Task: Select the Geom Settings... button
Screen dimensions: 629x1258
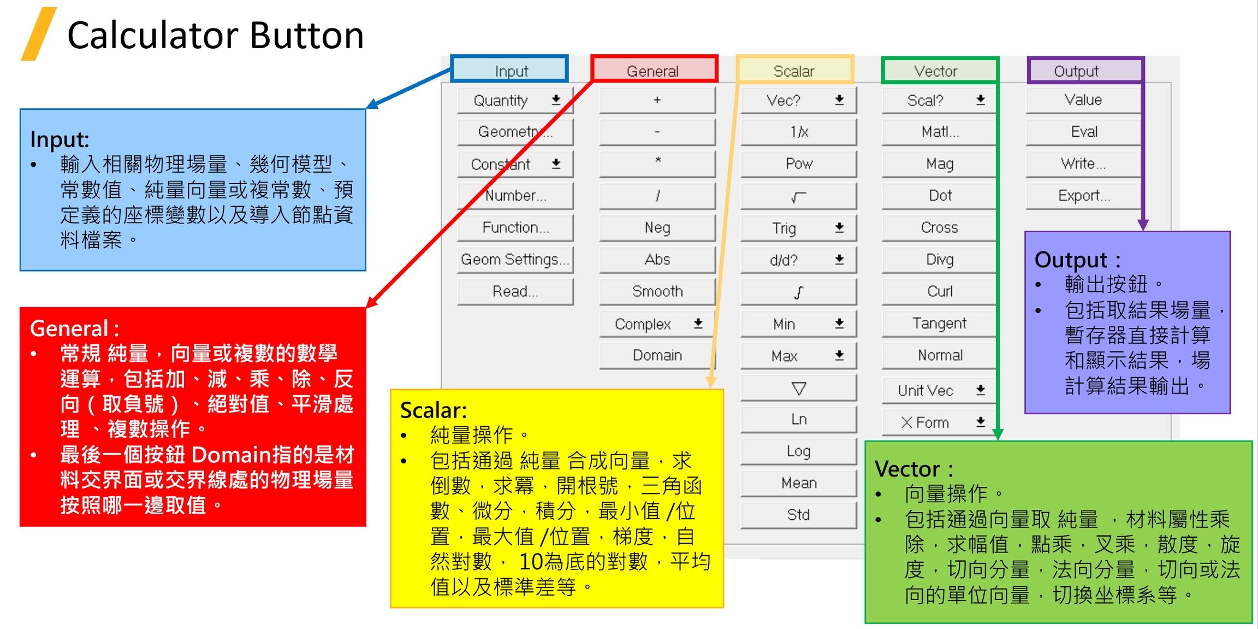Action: click(515, 260)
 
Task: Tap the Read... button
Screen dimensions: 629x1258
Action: click(515, 291)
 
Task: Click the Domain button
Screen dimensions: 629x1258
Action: click(657, 356)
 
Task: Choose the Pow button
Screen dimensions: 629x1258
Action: click(798, 164)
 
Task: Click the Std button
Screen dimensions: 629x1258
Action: click(798, 515)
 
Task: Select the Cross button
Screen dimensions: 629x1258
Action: click(939, 228)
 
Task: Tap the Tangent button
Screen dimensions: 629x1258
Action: click(939, 324)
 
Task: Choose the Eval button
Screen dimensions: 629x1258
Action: click(1084, 132)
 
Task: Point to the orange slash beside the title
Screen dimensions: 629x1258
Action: click(38, 34)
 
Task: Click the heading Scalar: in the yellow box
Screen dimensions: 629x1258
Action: click(434, 410)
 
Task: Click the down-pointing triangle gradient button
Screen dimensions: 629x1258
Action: click(798, 389)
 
